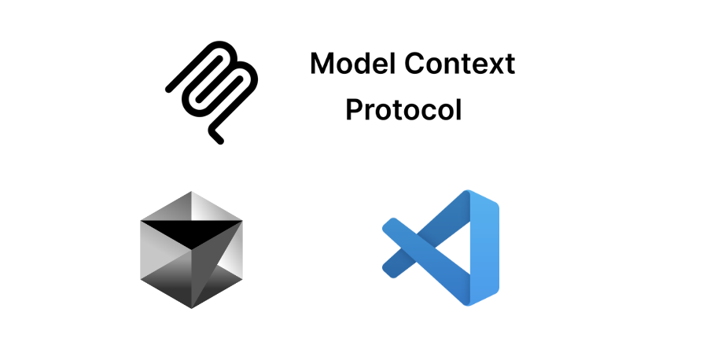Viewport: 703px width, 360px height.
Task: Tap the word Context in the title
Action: (460, 64)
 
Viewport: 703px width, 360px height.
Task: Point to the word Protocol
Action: (403, 109)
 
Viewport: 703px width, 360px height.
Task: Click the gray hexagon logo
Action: (191, 250)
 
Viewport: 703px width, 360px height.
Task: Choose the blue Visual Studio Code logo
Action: (440, 248)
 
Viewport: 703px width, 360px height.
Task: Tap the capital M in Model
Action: (322, 64)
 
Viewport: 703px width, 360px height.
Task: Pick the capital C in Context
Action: (414, 64)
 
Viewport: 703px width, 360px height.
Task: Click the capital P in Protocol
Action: (354, 109)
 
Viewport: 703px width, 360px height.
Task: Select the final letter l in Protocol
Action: (458, 109)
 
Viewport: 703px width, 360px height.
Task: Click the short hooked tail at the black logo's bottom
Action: (215, 135)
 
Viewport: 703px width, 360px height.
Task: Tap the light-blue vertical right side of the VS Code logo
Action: (484, 248)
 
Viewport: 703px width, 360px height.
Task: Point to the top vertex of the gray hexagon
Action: (191, 192)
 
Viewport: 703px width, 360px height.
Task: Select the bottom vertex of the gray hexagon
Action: (191, 308)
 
